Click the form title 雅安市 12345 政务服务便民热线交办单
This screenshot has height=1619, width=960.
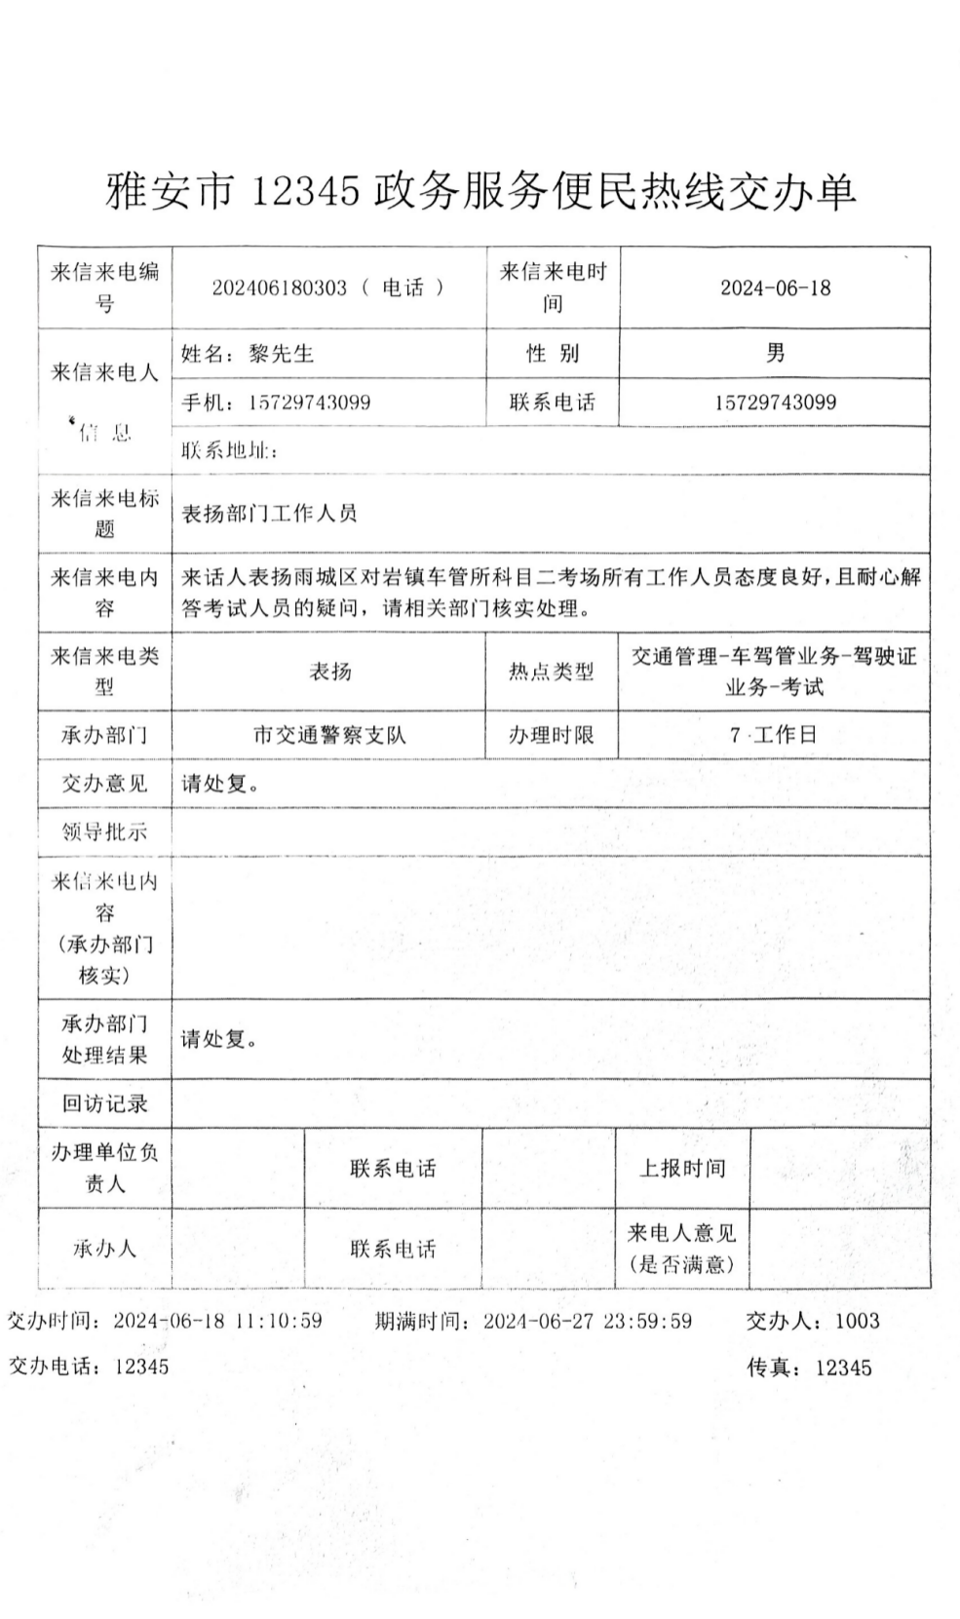click(480, 190)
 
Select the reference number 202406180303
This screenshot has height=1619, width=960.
click(279, 289)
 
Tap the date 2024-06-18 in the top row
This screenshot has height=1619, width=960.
click(775, 288)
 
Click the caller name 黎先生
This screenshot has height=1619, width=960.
click(282, 353)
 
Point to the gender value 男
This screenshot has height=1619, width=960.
click(775, 352)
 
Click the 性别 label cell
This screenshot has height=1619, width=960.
click(553, 353)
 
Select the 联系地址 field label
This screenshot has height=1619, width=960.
click(228, 450)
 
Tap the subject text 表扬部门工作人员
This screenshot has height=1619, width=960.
click(269, 514)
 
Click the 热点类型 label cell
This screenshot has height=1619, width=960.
click(552, 672)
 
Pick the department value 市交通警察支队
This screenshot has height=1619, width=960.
click(329, 735)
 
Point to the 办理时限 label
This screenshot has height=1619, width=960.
click(552, 735)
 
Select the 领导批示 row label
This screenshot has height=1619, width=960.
click(105, 832)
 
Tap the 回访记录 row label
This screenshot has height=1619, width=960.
click(105, 1103)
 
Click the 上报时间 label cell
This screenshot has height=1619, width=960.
click(681, 1168)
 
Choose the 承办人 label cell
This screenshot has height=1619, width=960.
click(104, 1249)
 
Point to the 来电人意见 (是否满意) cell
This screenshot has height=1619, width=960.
click(681, 1249)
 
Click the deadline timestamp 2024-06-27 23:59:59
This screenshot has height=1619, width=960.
click(588, 1321)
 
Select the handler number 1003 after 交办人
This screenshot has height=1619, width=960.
click(858, 1321)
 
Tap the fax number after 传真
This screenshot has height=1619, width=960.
click(843, 1368)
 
